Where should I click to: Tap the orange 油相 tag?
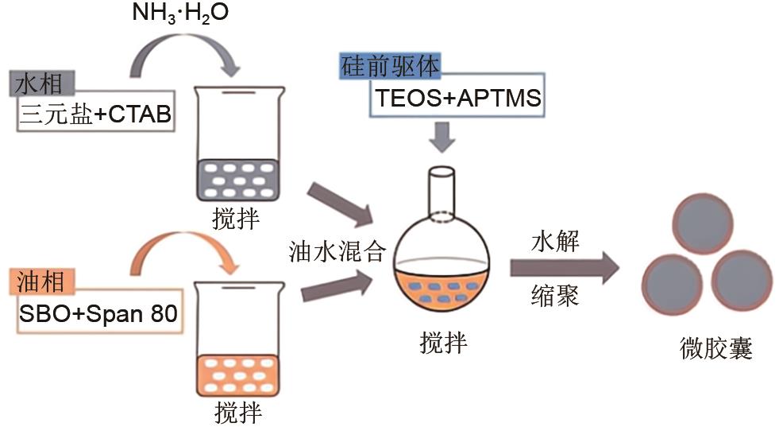coord(45,281)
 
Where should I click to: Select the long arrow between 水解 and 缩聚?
coord(565,269)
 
